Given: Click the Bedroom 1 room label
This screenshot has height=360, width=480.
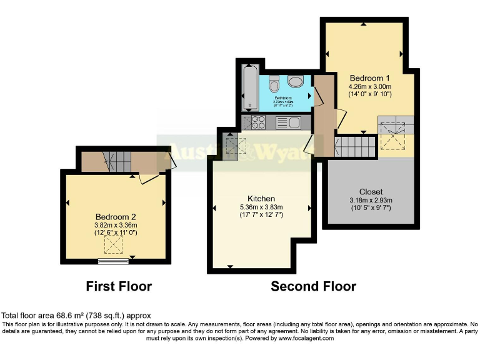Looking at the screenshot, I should coord(370,77).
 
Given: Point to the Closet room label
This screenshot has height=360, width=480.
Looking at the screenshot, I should coord(371,191).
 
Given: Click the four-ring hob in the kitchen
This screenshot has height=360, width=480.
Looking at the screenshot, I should coord(258,122).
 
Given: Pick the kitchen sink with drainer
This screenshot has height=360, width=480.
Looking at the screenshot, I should coord(287,122).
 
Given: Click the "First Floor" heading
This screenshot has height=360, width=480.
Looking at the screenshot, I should coord(119,287).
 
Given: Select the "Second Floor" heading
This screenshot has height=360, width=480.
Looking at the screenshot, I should coord(313,287).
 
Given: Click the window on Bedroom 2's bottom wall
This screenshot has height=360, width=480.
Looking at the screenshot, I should coord(116,259).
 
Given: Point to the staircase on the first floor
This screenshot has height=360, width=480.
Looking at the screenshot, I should coord(118,162).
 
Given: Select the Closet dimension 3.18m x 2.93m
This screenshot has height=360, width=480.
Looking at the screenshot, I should coord(371,200).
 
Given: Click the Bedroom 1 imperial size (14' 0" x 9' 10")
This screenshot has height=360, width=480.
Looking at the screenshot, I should coord(370,94).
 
